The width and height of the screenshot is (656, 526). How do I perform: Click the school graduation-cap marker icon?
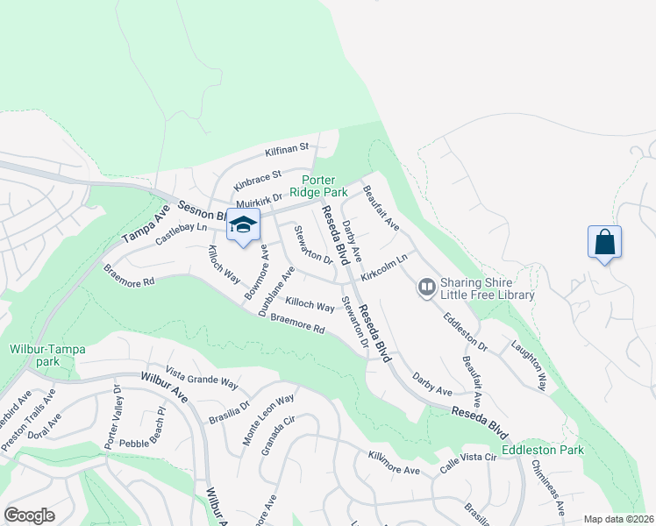click(243, 224)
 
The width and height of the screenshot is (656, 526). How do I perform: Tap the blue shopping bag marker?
click(605, 241)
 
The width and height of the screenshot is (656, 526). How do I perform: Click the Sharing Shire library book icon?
click(427, 287)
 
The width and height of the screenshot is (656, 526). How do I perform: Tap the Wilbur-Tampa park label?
click(47, 355)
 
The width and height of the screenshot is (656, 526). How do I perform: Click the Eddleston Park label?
click(542, 451)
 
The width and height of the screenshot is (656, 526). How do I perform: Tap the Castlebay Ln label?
click(181, 234)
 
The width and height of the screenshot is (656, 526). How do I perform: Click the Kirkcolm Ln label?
click(385, 267)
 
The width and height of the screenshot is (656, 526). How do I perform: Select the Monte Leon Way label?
click(268, 421)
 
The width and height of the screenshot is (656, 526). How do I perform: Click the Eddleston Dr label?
click(466, 331)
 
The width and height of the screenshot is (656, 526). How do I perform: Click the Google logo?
click(29, 515)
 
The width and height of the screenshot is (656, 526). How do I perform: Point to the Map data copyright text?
click(618, 519)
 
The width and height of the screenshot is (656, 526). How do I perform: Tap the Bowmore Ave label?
click(256, 272)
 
